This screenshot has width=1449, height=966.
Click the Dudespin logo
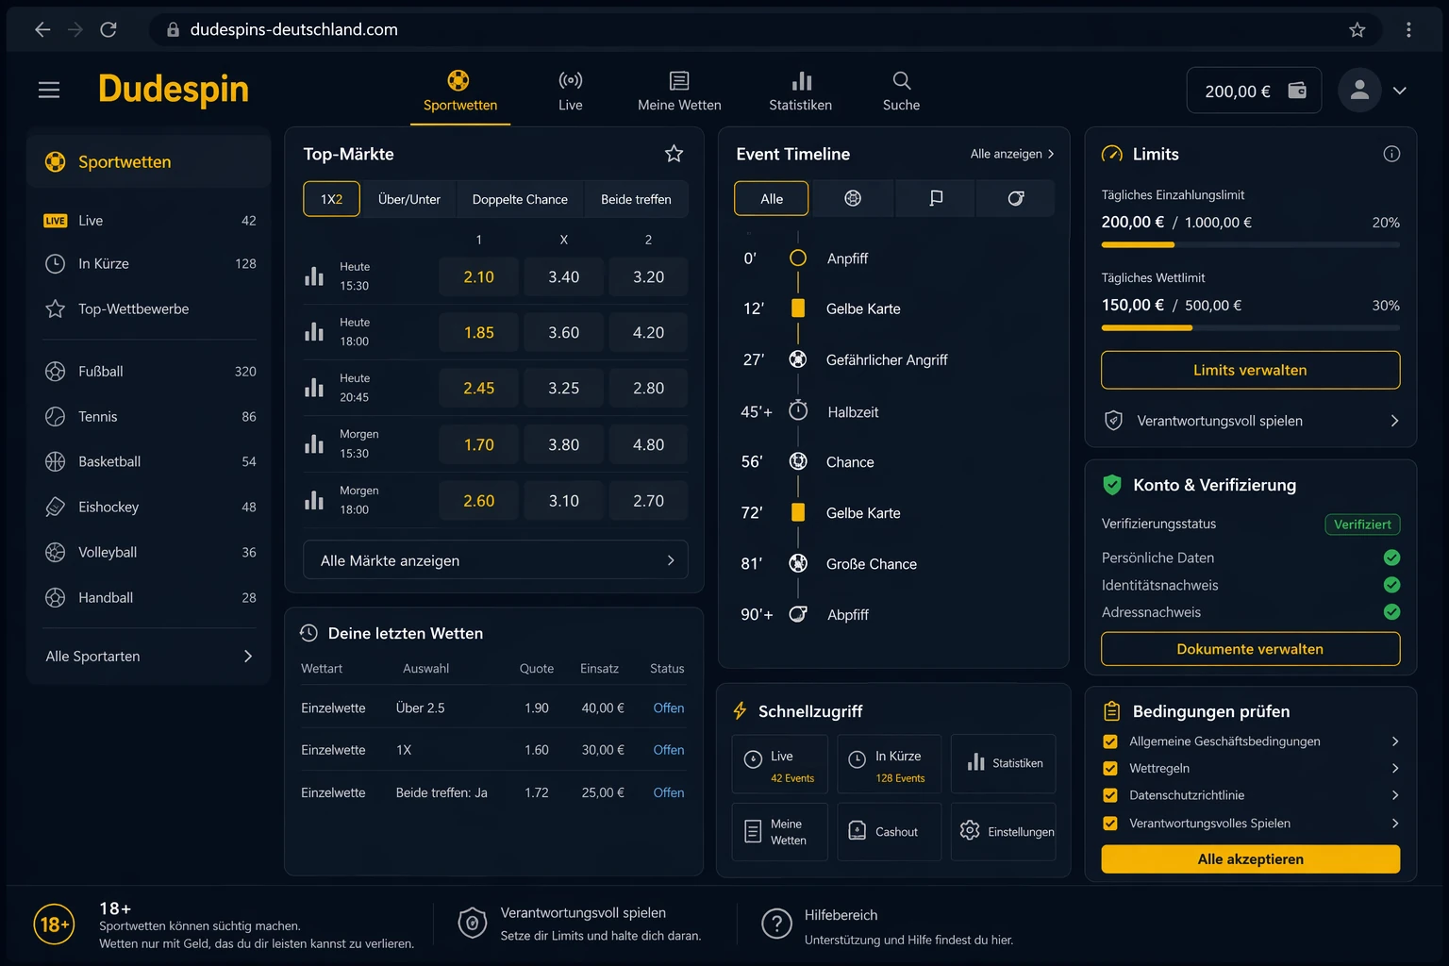pyautogui.click(x=174, y=90)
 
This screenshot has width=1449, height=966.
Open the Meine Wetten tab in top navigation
pyautogui.click(x=678, y=92)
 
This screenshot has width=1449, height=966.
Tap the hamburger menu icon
pyautogui.click(x=49, y=90)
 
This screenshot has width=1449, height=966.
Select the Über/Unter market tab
pyautogui.click(x=408, y=199)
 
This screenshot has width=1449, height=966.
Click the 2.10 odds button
pyautogui.click(x=478, y=277)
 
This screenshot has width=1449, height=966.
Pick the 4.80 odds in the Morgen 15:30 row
pyautogui.click(x=648, y=444)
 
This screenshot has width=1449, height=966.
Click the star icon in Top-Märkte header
pyautogui.click(x=675, y=154)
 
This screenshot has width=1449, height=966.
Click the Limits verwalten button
pyautogui.click(x=1250, y=370)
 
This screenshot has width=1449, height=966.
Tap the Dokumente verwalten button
pyautogui.click(x=1250, y=649)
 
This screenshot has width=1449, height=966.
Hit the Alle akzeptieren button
pyautogui.click(x=1250, y=859)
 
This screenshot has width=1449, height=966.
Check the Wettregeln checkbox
pyautogui.click(x=1110, y=769)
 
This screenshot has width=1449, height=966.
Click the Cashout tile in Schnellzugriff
pyautogui.click(x=889, y=831)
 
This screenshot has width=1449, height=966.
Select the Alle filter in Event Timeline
pyautogui.click(x=771, y=199)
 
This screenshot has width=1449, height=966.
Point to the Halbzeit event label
pyautogui.click(x=853, y=412)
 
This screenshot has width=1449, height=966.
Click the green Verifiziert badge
pyautogui.click(x=1362, y=525)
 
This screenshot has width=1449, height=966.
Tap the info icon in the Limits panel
pyautogui.click(x=1391, y=154)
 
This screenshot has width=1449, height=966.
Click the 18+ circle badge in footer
pyautogui.click(x=55, y=924)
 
